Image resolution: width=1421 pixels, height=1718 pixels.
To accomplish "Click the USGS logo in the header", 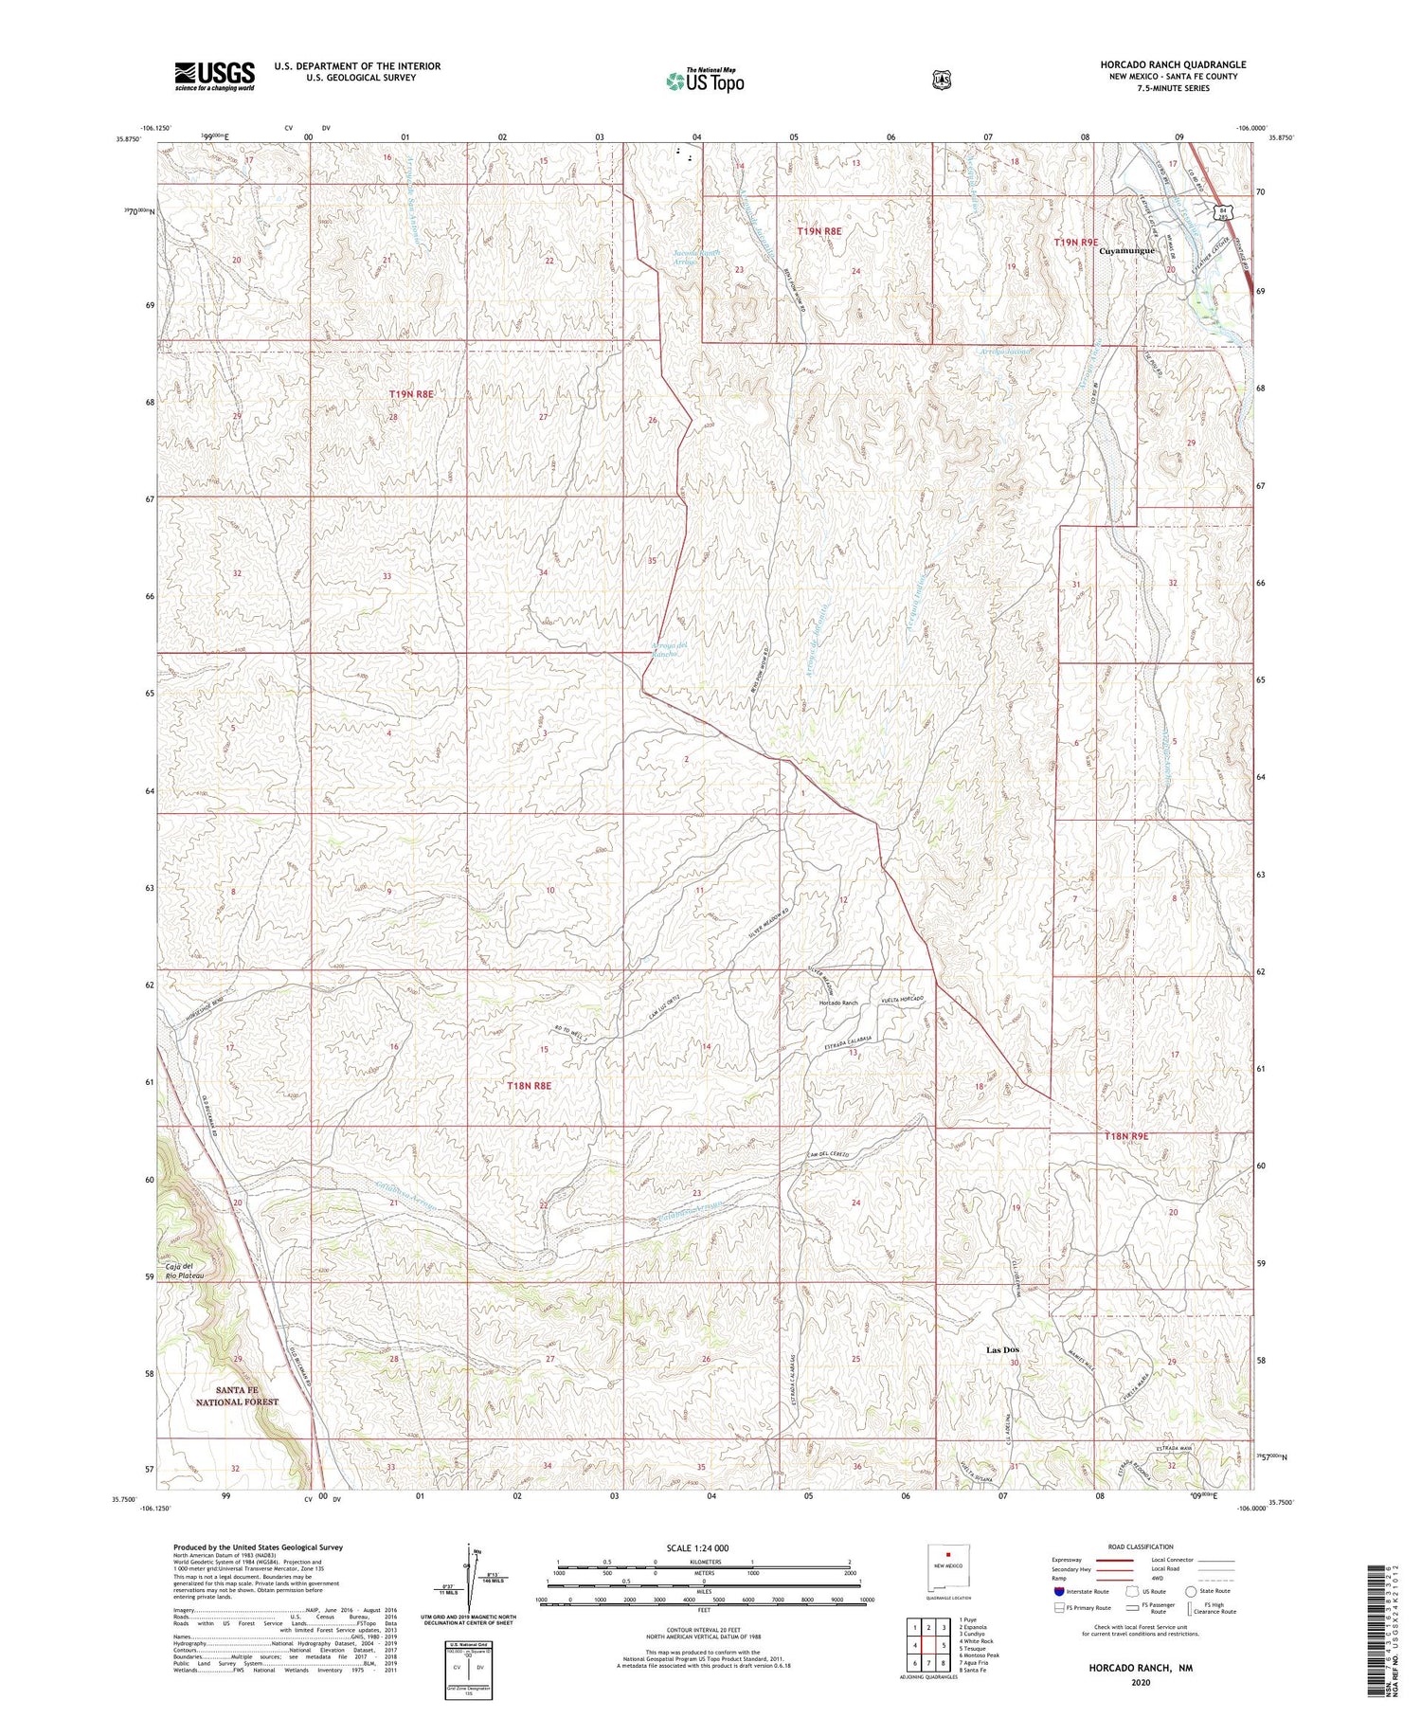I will [x=214, y=76].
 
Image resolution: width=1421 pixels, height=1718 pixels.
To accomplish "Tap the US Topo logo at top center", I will [x=705, y=81].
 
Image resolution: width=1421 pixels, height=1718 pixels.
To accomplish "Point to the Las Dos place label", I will [x=1003, y=1349].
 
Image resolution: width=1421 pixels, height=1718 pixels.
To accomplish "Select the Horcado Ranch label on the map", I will [x=838, y=1003].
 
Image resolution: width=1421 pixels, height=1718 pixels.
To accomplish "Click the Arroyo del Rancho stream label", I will [x=669, y=651].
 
